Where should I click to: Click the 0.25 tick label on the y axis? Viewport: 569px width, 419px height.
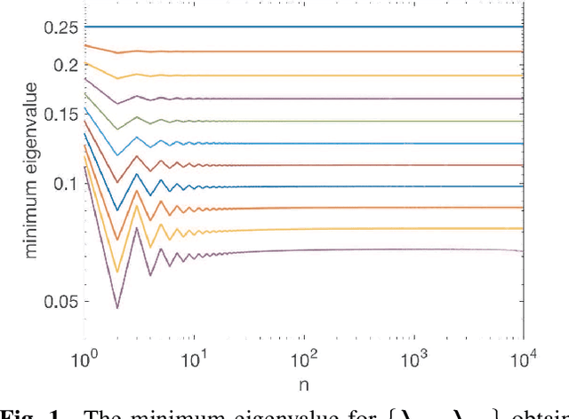click(62, 27)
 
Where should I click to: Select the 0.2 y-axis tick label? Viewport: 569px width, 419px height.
click(66, 65)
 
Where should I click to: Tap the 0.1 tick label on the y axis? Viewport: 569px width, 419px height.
click(66, 184)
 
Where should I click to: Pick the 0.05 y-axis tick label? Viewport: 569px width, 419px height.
click(62, 302)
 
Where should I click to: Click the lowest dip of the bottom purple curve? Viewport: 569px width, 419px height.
click(116, 308)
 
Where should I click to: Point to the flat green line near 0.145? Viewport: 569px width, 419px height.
click(356, 121)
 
